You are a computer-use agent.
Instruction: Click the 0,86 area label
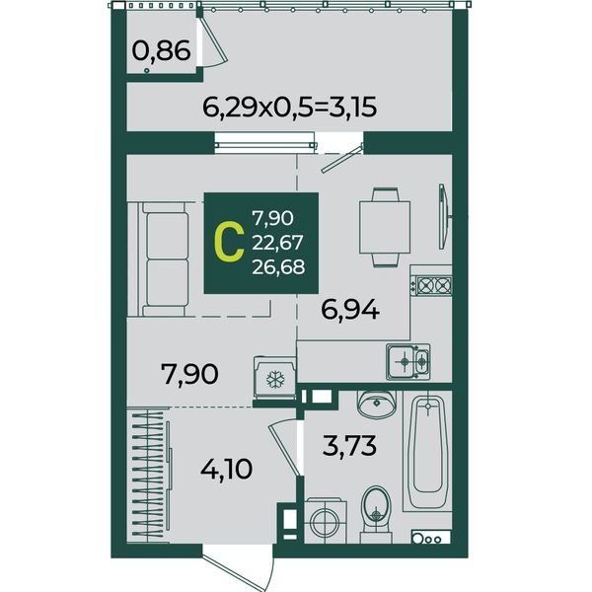pyautogui.click(x=161, y=51)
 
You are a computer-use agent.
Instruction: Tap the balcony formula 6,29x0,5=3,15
pyautogui.click(x=289, y=108)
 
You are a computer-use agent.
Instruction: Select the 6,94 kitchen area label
pyautogui.click(x=350, y=311)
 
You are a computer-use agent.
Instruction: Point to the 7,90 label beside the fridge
pyautogui.click(x=189, y=374)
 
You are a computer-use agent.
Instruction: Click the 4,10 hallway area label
pyautogui.click(x=227, y=469)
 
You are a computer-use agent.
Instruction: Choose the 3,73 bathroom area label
pyautogui.click(x=349, y=445)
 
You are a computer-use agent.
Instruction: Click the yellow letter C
pyautogui.click(x=228, y=243)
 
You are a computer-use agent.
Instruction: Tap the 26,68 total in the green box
pyautogui.click(x=278, y=267)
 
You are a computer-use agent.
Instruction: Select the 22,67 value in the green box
pyautogui.click(x=277, y=243)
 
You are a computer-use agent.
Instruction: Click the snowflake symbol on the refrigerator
pyautogui.click(x=275, y=380)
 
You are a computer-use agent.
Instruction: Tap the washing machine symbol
pyautogui.click(x=325, y=520)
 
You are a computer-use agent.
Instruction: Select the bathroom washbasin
pyautogui.click(x=377, y=405)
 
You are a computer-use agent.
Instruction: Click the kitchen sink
pyautogui.click(x=408, y=361)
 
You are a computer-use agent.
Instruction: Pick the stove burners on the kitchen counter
pyautogui.click(x=431, y=285)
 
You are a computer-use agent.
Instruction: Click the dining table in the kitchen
pyautogui.click(x=385, y=227)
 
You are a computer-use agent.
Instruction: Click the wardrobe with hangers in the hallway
pyautogui.click(x=150, y=475)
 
